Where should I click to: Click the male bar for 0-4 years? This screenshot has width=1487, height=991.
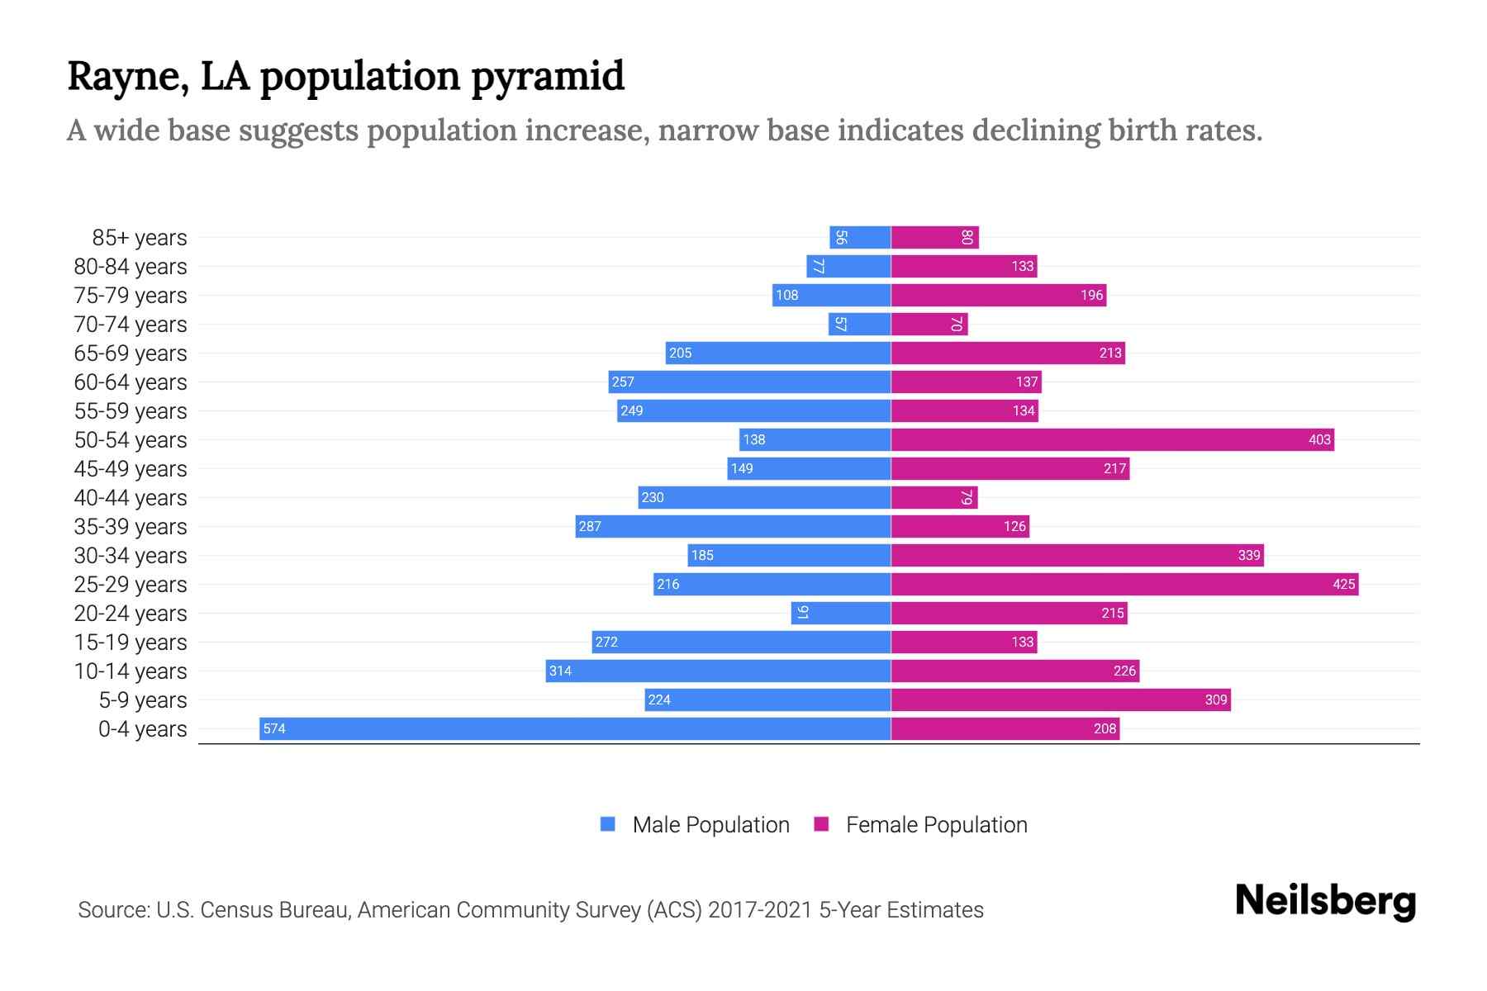(x=575, y=728)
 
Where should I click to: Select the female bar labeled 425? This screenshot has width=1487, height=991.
(x=1124, y=584)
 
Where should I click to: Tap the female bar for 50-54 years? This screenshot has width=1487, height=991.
(x=1112, y=439)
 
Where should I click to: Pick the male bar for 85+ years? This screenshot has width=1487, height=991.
(x=860, y=237)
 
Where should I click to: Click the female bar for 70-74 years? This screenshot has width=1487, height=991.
(x=929, y=324)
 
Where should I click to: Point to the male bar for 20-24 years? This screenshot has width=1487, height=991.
(x=841, y=613)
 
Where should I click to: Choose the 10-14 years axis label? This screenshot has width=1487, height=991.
(x=131, y=671)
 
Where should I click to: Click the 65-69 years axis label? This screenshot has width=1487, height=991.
(x=131, y=353)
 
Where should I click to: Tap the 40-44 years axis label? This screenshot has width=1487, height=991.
(x=131, y=497)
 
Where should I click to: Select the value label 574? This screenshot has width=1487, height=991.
(x=274, y=728)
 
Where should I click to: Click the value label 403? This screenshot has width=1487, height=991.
(x=1319, y=439)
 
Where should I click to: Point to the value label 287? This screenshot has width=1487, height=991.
(x=590, y=526)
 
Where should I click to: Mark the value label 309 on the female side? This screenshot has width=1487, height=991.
(x=1215, y=699)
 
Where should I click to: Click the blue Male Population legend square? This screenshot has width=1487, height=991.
(x=608, y=824)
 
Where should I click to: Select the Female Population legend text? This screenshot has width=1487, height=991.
(x=936, y=824)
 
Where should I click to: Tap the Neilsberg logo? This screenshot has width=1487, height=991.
(x=1325, y=901)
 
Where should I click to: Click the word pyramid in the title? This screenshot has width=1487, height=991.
(x=548, y=76)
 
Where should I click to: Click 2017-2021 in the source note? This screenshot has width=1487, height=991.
(x=760, y=909)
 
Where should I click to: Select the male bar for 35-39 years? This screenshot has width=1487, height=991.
(x=733, y=526)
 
